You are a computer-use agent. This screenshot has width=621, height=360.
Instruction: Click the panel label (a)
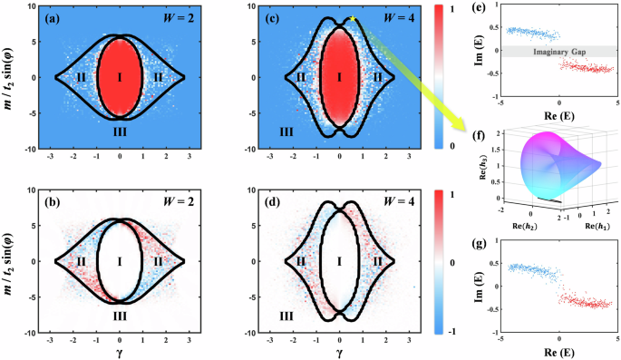point(68,19)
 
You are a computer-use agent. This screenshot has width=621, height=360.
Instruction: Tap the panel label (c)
point(286,19)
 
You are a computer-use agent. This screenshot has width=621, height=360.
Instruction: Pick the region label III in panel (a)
point(121,131)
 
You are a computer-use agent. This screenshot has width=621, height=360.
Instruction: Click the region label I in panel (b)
point(121,261)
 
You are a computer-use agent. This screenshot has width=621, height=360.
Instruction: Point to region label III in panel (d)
point(286,316)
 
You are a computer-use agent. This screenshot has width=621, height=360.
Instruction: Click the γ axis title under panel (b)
point(120,351)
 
